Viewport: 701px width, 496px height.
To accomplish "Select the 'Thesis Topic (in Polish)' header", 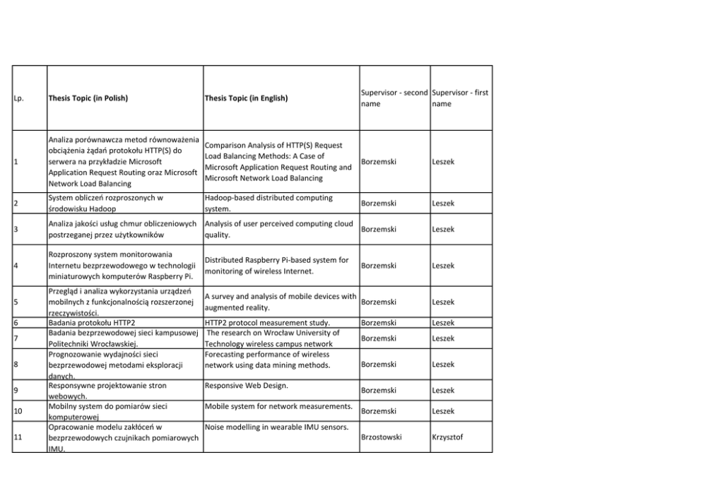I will pyautogui.click(x=88, y=98).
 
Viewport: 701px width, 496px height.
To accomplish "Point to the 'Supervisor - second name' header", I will pyautogui.click(x=394, y=98).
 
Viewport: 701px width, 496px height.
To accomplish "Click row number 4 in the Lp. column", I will pyautogui.click(x=16, y=266).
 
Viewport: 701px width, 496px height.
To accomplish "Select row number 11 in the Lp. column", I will pyautogui.click(x=19, y=437).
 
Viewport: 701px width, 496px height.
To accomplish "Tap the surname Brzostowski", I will pyautogui.click(x=382, y=437).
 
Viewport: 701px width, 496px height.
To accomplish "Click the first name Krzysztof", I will pyautogui.click(x=449, y=437).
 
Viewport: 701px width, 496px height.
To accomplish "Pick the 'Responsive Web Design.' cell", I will pyautogui.click(x=246, y=386).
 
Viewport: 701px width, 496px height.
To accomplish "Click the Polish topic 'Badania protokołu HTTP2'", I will pyautogui.click(x=91, y=323).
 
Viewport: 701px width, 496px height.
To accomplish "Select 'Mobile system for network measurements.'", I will pyautogui.click(x=278, y=406).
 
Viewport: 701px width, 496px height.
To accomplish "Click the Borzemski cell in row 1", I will pyautogui.click(x=379, y=162).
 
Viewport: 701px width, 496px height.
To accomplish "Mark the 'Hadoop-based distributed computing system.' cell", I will pyautogui.click(x=268, y=203).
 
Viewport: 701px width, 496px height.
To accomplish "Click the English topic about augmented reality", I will pyautogui.click(x=280, y=302).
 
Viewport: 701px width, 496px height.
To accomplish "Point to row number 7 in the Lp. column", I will pyautogui.click(x=16, y=338).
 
